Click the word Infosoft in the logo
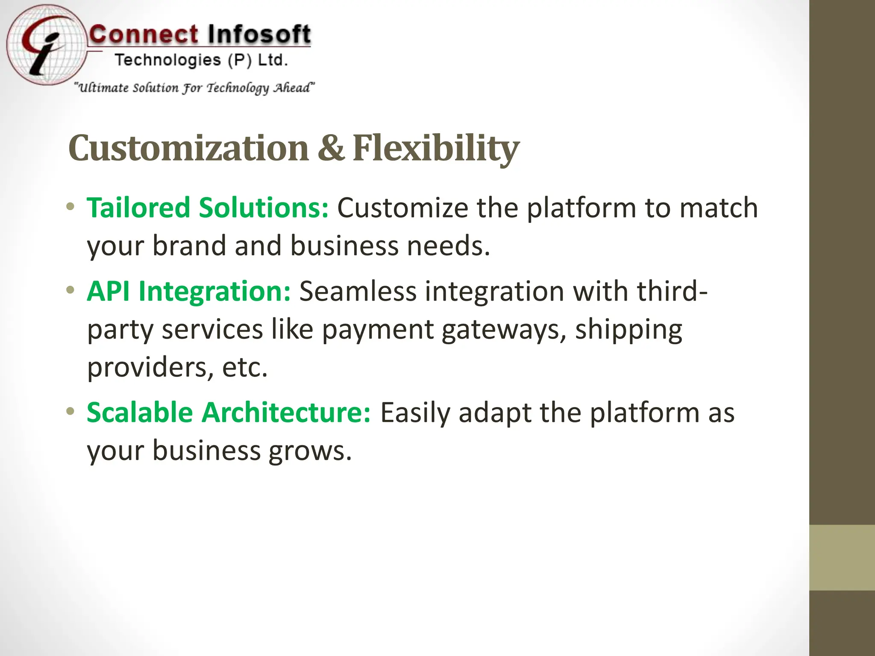coord(259,34)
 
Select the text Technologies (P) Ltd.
coord(201,60)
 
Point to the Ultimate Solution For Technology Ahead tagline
coord(194,88)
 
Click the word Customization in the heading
coord(188,148)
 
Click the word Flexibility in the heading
coord(436,148)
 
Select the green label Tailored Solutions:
coord(208,208)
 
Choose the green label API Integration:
coord(188,291)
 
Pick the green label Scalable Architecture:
coord(229,413)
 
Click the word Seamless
coord(358,291)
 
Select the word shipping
coord(628,330)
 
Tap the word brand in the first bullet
coord(189,246)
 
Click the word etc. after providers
coord(245,367)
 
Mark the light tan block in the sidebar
coord(842,557)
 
